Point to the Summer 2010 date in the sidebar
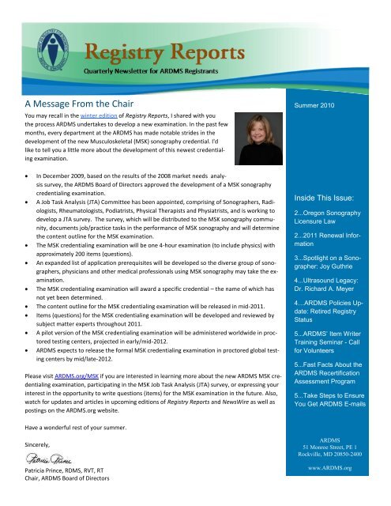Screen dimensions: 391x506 click(316, 104)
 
